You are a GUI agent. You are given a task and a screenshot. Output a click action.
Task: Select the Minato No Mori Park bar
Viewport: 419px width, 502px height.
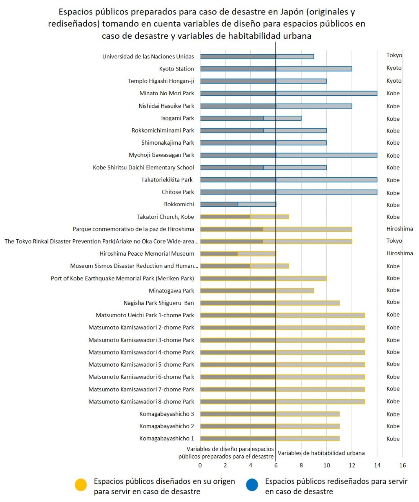coord(288,93)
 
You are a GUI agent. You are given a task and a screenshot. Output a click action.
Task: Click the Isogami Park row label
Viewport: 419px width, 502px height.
coord(177,118)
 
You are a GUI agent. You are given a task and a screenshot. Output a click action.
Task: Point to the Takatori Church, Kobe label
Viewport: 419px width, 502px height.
coord(165,217)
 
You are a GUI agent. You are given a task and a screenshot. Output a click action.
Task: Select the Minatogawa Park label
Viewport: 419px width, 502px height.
coord(171,291)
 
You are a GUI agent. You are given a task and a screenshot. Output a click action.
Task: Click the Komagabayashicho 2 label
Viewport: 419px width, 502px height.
coord(166,426)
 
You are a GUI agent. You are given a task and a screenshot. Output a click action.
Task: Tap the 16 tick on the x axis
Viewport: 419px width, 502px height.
coord(403,465)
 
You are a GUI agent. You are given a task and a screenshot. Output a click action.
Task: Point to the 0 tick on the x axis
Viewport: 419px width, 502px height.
coord(200,465)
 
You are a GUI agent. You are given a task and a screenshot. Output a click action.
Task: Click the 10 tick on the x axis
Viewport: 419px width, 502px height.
coord(326,465)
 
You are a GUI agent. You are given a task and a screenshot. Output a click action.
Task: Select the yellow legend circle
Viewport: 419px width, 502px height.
coord(81,485)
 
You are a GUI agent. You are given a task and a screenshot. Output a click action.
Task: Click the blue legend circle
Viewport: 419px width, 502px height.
coord(252,485)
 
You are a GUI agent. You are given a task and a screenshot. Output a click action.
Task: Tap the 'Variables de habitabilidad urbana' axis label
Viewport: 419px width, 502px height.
coord(321,453)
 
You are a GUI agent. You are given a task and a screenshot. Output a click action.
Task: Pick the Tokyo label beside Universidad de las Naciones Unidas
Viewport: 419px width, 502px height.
coord(394,55)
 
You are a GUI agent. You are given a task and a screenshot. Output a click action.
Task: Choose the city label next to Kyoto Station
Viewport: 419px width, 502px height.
coord(393,68)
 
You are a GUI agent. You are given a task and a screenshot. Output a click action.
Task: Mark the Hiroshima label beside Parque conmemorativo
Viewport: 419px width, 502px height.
coord(399,229)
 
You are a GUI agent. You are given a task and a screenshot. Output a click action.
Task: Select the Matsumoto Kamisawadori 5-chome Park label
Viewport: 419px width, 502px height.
coord(141,364)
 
